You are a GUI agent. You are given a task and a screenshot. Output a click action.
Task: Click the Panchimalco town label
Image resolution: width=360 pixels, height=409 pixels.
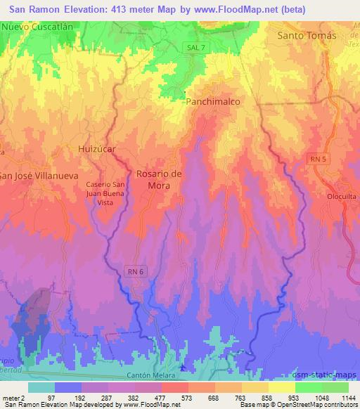(213, 102)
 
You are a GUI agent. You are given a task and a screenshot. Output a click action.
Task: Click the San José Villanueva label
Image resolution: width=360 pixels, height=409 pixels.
(36, 176)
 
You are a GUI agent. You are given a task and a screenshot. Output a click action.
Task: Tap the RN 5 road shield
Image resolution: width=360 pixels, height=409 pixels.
(318, 160)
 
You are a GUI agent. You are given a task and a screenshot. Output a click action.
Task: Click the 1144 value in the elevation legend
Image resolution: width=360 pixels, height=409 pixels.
(347, 398)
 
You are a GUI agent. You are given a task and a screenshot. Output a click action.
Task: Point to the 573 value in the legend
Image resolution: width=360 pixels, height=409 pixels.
(187, 398)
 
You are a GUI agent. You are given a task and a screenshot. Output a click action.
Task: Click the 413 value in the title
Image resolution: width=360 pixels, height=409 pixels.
(127, 10)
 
